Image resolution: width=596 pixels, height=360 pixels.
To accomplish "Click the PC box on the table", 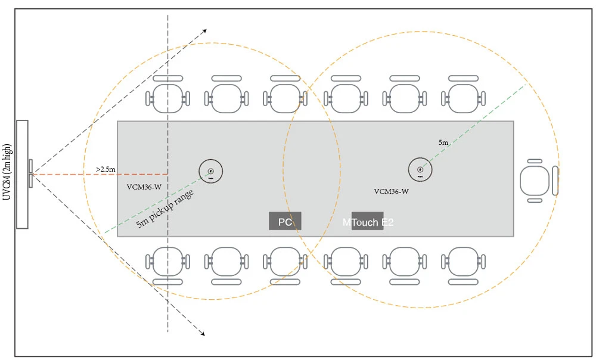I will point(285,221).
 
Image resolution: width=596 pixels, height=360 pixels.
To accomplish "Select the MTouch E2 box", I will point(367,221).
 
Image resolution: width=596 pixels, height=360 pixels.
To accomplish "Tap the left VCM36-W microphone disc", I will point(210,171).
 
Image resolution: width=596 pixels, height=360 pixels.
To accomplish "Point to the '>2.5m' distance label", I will point(105,169).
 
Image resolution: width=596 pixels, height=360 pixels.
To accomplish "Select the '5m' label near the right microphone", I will point(444,142).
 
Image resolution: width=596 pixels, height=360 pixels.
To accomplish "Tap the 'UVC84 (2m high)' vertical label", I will point(8,173).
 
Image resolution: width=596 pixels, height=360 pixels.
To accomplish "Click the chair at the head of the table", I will point(536,180).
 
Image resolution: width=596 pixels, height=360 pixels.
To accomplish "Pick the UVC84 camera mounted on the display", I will point(30,173).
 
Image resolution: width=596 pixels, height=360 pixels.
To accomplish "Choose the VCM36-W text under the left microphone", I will point(144,187).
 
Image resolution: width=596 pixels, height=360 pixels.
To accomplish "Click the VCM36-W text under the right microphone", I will point(391,191).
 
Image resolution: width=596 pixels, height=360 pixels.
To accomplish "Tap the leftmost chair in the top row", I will point(167,95).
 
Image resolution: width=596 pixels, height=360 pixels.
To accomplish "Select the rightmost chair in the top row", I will point(464,95).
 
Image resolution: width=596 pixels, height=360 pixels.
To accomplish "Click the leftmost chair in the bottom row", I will point(167,263).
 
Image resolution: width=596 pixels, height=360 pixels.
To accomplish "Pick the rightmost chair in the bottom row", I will point(463,263).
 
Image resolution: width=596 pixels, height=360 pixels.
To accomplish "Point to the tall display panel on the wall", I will point(23,174).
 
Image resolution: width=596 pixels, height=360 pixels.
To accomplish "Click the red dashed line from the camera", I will point(72,174).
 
